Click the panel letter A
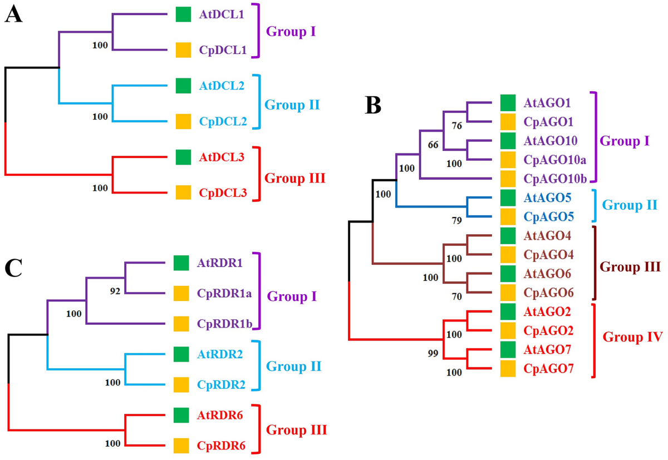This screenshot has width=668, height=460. pos(14,15)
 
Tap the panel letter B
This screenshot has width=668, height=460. pos(374,105)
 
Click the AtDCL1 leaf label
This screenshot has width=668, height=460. pos(222,15)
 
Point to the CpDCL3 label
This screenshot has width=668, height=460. pos(222,194)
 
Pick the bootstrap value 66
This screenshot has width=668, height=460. pos(433,145)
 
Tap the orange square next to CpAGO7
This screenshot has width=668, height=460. pos(507,369)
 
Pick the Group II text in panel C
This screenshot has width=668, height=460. pos(294,367)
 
